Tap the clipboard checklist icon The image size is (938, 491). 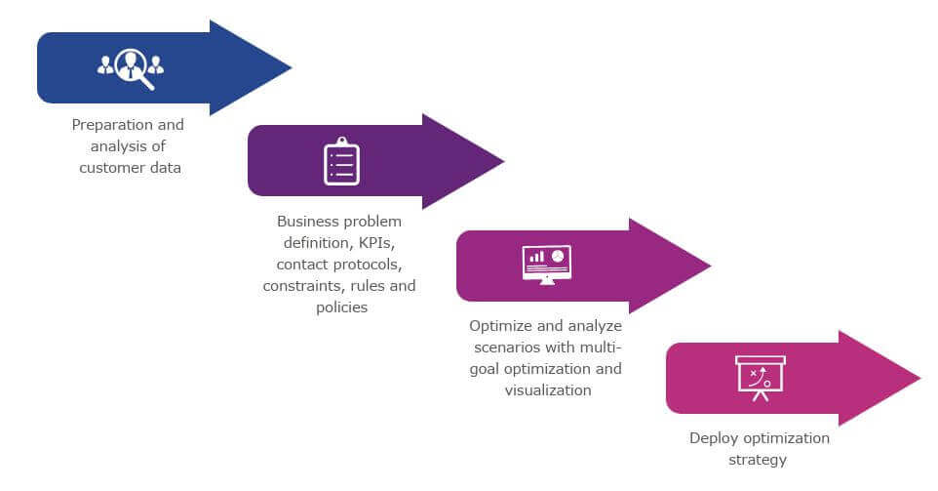[341, 161]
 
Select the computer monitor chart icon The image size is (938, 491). [547, 264]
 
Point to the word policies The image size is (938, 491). [340, 307]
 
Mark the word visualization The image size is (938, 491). [548, 390]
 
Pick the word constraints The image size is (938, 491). [300, 286]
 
